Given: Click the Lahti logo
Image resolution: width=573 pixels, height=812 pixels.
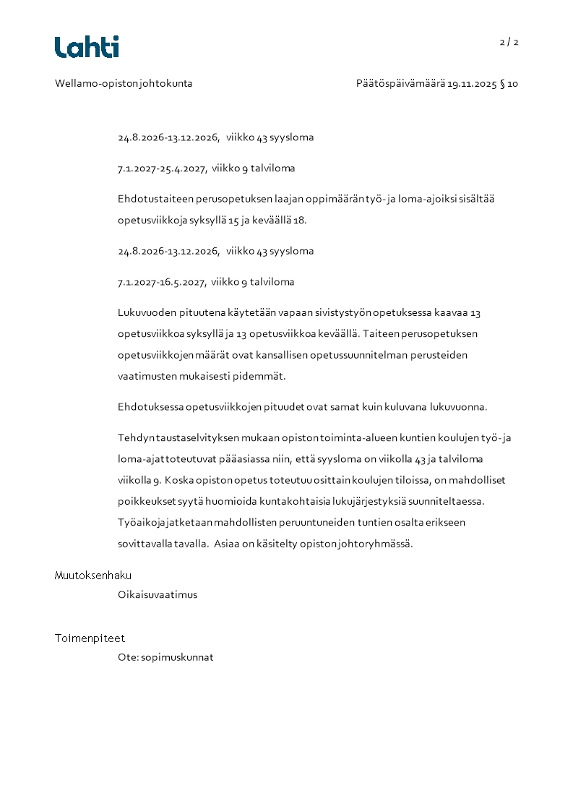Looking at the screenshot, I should coord(87,47).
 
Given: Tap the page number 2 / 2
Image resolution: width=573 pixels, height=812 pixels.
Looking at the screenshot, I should coord(509,42).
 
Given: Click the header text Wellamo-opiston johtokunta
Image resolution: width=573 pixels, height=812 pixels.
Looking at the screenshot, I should coord(124,83).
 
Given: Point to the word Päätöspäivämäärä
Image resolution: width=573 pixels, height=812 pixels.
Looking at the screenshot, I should coord(400,83).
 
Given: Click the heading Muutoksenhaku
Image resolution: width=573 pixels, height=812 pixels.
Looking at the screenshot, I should coord(93,576).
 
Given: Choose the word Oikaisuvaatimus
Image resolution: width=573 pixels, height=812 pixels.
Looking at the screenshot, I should coord(158,595).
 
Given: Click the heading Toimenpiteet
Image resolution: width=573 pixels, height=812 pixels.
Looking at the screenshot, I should coord(90,638).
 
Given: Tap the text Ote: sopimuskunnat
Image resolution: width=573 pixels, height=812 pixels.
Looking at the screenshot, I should coord(165,658).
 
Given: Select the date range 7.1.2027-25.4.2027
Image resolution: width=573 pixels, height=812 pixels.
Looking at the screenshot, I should coord(162,168).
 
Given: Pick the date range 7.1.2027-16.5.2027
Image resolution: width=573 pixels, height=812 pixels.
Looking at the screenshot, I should coord(162,282).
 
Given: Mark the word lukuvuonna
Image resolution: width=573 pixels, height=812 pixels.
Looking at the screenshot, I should coord(458,406).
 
